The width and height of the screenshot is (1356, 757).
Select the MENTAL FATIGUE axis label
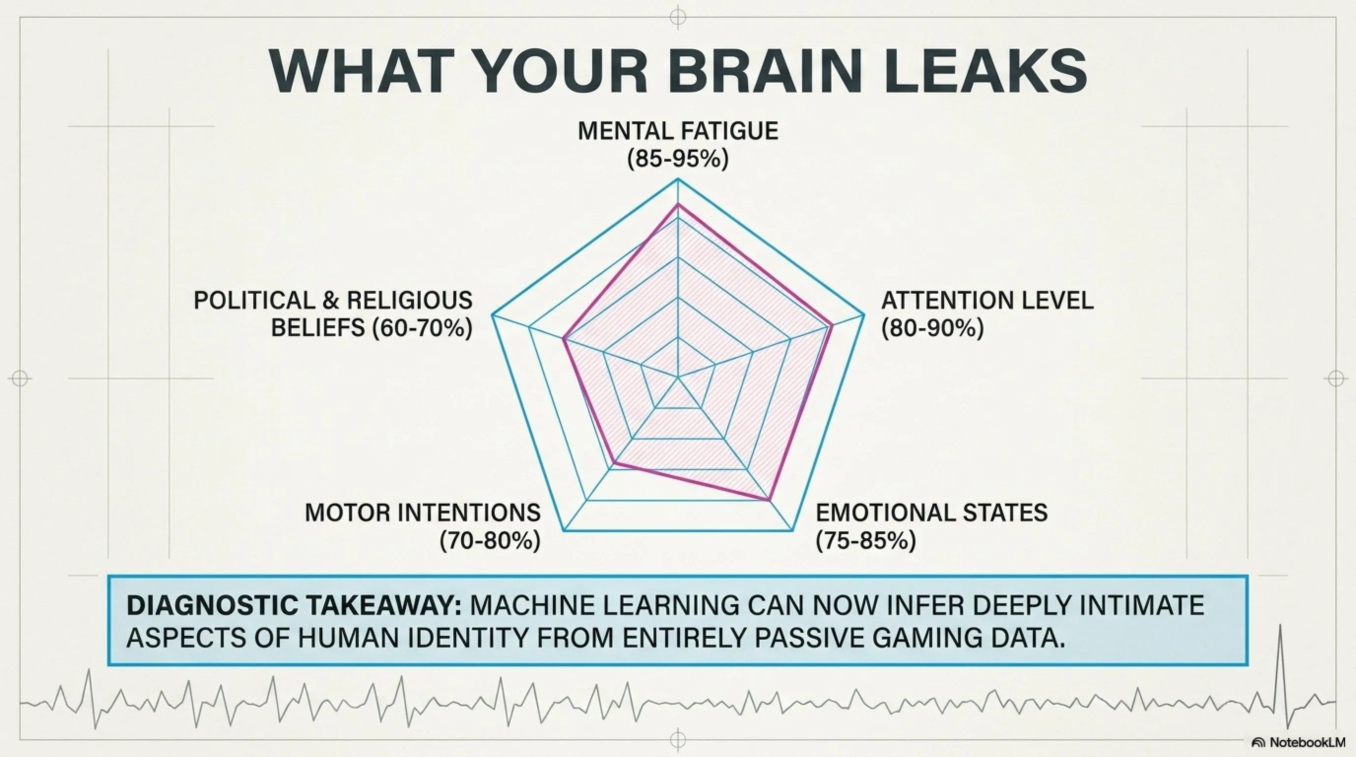[x=678, y=131]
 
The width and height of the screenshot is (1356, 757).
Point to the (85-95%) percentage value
[x=678, y=159]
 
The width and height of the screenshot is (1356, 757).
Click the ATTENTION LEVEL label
[x=987, y=301]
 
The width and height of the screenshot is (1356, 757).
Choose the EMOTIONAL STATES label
[x=932, y=513]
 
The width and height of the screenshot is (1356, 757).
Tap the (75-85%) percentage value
[x=866, y=541]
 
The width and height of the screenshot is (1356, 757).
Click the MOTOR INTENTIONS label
[x=423, y=513]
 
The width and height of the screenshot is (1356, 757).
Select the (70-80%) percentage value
[x=490, y=541]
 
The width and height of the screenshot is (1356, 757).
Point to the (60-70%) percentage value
[x=422, y=329]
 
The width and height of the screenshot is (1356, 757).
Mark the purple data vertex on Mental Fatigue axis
[x=678, y=204]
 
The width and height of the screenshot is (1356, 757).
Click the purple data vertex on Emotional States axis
[x=769, y=500]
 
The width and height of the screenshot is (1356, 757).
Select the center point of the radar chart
[x=678, y=377]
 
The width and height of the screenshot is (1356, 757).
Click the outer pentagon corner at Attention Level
[x=864, y=315]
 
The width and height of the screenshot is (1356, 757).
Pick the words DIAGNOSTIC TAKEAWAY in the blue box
[x=294, y=606]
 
